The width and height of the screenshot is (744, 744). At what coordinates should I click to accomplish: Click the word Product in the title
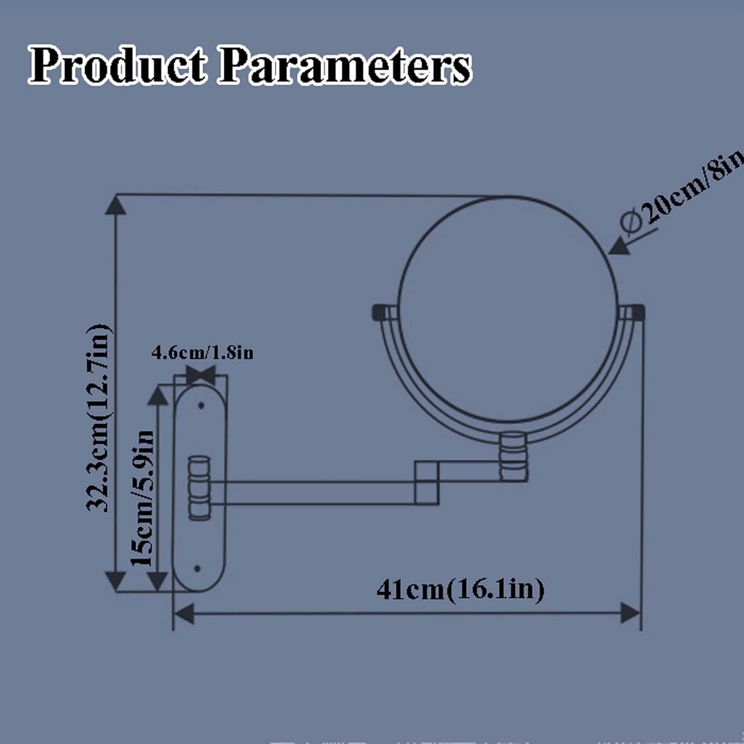point(117,65)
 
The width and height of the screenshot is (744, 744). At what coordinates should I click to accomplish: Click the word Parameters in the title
point(344,65)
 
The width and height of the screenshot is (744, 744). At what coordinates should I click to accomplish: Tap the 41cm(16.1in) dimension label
point(460,590)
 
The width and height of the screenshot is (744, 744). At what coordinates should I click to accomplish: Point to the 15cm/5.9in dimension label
point(142,498)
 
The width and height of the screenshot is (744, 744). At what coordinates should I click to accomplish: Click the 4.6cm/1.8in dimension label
point(202,353)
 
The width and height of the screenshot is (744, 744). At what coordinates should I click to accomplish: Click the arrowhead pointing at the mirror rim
point(619,246)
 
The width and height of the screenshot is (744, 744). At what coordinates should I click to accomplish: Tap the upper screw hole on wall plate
point(201,406)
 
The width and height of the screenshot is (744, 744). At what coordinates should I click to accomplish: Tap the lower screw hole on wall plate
point(197,568)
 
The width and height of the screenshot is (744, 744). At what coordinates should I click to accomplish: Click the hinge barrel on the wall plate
point(199,488)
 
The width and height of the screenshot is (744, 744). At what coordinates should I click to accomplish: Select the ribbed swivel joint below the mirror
point(513,457)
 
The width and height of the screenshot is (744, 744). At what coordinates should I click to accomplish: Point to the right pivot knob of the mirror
point(637,312)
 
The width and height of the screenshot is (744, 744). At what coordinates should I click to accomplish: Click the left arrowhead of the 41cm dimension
point(184,614)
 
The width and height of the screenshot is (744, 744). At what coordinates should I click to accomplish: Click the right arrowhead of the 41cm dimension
point(631,614)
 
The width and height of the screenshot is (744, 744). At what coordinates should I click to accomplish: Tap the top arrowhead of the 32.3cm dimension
point(116,204)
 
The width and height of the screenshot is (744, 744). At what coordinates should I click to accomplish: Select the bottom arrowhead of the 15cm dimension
point(158,581)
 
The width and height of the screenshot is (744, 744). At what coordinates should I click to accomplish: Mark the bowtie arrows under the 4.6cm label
point(201,373)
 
